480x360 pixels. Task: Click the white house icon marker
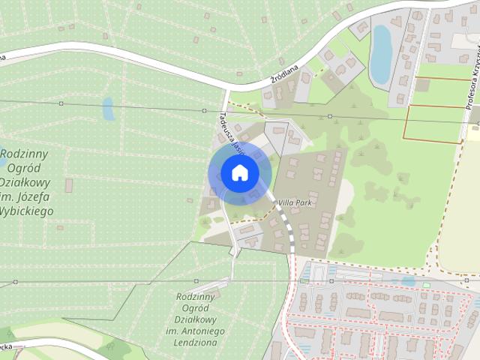click(239, 173)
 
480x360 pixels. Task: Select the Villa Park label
click(295, 202)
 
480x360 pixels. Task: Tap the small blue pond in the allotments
click(109, 109)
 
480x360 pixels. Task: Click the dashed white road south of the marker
click(288, 229)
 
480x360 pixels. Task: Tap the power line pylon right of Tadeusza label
click(329, 116)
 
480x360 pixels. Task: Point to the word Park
click(303, 202)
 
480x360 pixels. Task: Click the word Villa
click(286, 202)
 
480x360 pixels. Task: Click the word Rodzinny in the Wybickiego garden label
click(24, 153)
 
